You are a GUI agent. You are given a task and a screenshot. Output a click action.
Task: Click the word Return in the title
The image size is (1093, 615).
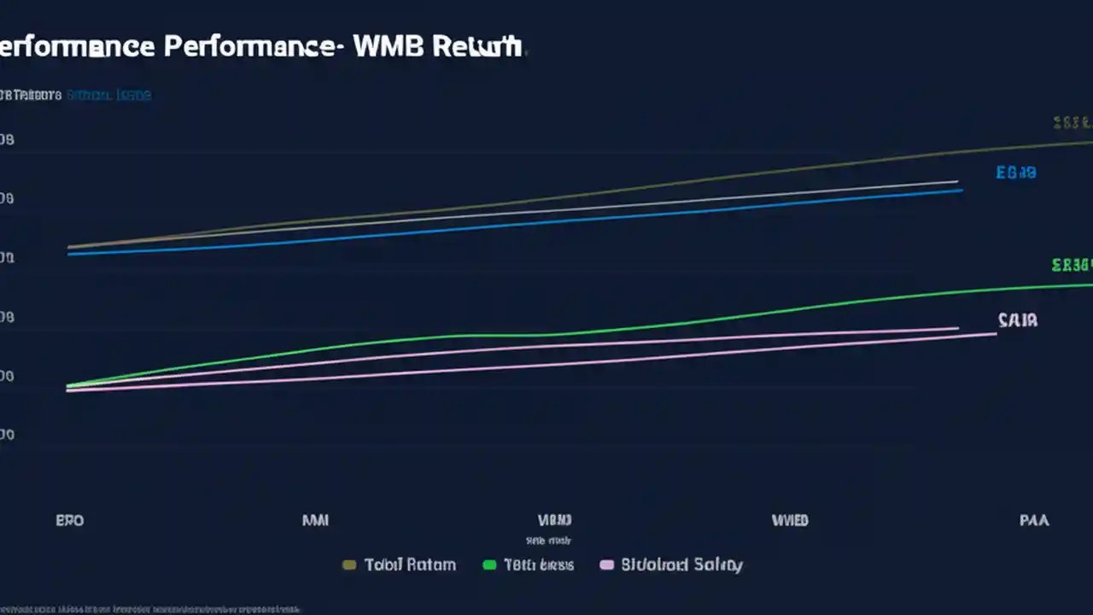click(476, 46)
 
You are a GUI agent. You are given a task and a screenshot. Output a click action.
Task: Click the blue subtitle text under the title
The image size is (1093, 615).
click(108, 95)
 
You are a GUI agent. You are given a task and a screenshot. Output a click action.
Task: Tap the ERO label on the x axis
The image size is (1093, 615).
click(69, 519)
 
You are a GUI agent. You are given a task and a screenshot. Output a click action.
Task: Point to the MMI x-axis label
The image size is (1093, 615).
click(315, 519)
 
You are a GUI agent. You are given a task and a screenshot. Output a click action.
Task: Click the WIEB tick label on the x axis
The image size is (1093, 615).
click(789, 519)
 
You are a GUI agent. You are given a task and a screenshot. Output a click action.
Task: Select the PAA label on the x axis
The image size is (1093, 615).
click(1033, 519)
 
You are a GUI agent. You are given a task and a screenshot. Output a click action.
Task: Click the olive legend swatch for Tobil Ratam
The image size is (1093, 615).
click(348, 565)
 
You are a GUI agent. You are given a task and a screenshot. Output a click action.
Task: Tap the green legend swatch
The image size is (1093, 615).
click(489, 565)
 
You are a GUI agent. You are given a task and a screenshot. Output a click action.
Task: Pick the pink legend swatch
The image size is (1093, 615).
click(607, 565)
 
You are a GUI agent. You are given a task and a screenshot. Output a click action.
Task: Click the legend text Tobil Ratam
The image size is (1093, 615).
click(410, 565)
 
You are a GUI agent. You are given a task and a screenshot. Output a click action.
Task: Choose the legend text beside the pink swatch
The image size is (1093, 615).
click(681, 565)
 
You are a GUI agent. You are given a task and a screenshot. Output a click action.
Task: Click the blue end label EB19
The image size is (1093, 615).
click(1016, 173)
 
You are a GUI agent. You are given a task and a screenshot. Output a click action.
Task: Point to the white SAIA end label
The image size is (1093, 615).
click(1017, 320)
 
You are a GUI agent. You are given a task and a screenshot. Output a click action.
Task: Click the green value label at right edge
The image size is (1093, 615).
click(1072, 265)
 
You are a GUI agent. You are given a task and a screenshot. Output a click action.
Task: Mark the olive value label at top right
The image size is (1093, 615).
click(1072, 123)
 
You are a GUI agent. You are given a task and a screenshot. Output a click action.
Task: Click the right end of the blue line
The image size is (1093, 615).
click(961, 190)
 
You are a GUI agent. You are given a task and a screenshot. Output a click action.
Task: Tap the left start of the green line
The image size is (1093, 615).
click(68, 386)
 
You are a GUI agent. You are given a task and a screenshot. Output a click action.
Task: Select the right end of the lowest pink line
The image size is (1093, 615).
click(996, 334)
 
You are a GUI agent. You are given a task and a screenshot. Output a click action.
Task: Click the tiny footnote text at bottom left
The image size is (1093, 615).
click(149, 609)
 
